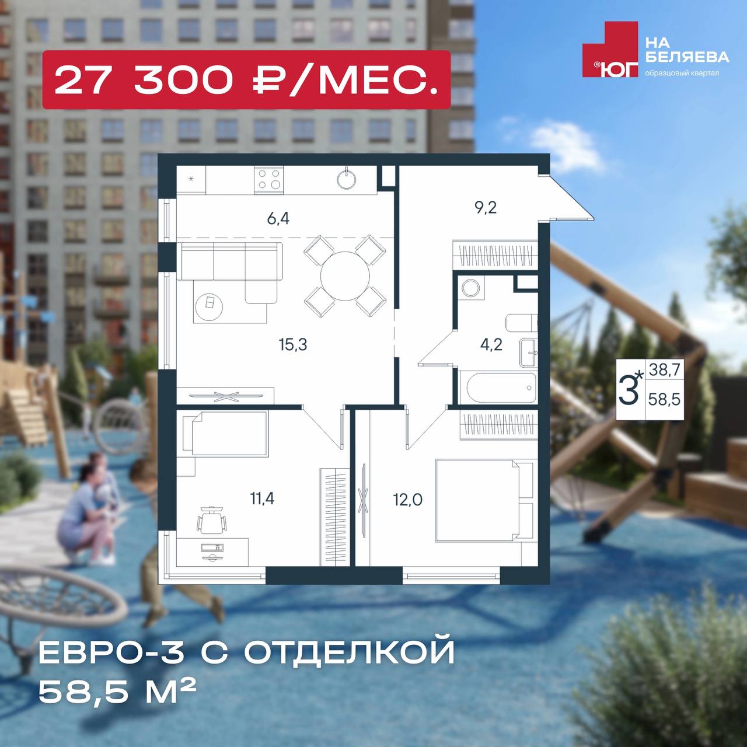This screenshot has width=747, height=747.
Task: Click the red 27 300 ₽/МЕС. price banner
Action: coord(246,79)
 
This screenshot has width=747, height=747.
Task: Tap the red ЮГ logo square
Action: coord(610,49)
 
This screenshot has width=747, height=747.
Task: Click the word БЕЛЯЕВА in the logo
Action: coord(687,57)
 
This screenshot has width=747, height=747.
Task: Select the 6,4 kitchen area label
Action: coord(278,219)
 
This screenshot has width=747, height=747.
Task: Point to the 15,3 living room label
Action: coord(293,344)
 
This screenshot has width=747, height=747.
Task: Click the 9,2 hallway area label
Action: coord(486,208)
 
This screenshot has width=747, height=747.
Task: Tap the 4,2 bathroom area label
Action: coord(491,344)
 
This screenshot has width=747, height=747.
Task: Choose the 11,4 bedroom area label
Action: coord(262,498)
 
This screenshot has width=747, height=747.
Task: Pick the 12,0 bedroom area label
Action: coord(408,500)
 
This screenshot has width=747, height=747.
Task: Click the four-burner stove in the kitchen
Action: coord(268,180)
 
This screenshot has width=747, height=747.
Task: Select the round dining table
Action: coord(345,276)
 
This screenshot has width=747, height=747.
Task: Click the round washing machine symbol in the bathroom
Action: coord(471,288)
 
